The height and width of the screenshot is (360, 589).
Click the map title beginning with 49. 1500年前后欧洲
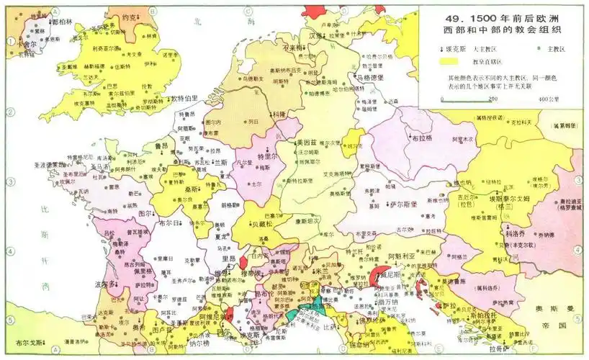pyautogui.click(x=501, y=22)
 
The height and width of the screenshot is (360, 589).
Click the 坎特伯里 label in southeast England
pyautogui.click(x=182, y=98)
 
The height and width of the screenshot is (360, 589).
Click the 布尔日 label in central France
pyautogui.click(x=171, y=223)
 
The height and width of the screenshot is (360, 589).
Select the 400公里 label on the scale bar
pyautogui.click(x=549, y=99)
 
